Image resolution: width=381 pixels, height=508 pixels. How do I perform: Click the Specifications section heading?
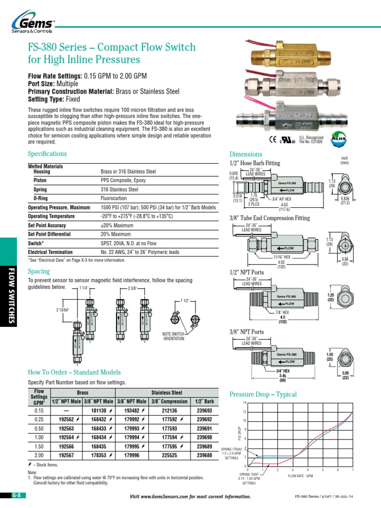point(47,154)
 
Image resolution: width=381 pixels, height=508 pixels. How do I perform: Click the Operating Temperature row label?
point(53,216)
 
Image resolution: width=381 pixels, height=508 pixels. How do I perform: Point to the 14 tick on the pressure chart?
point(244,403)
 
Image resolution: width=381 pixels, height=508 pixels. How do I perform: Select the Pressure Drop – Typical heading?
point(263,394)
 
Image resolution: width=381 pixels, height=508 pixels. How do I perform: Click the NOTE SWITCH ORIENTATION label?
point(174,336)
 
